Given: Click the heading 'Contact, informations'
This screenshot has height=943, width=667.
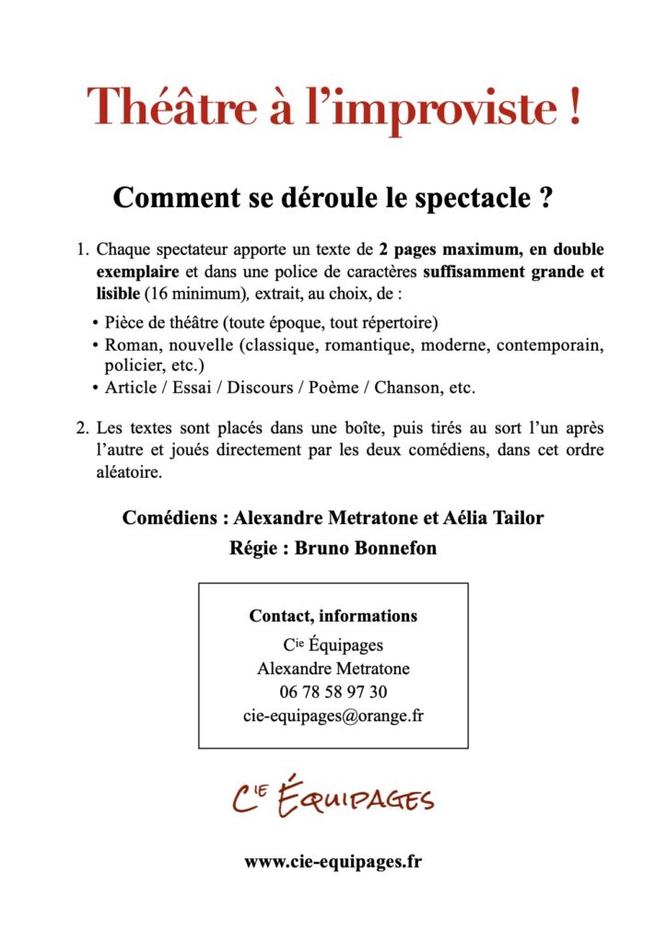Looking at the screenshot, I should (333, 616).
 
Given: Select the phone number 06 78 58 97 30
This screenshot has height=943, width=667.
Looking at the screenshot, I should (333, 692).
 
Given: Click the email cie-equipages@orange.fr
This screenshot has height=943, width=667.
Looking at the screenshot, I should (333, 716).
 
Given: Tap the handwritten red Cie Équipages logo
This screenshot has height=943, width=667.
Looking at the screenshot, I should (333, 795).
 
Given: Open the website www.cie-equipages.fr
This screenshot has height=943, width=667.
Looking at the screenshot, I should (333, 862).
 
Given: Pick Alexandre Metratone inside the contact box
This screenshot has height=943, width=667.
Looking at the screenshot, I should (333, 669).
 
